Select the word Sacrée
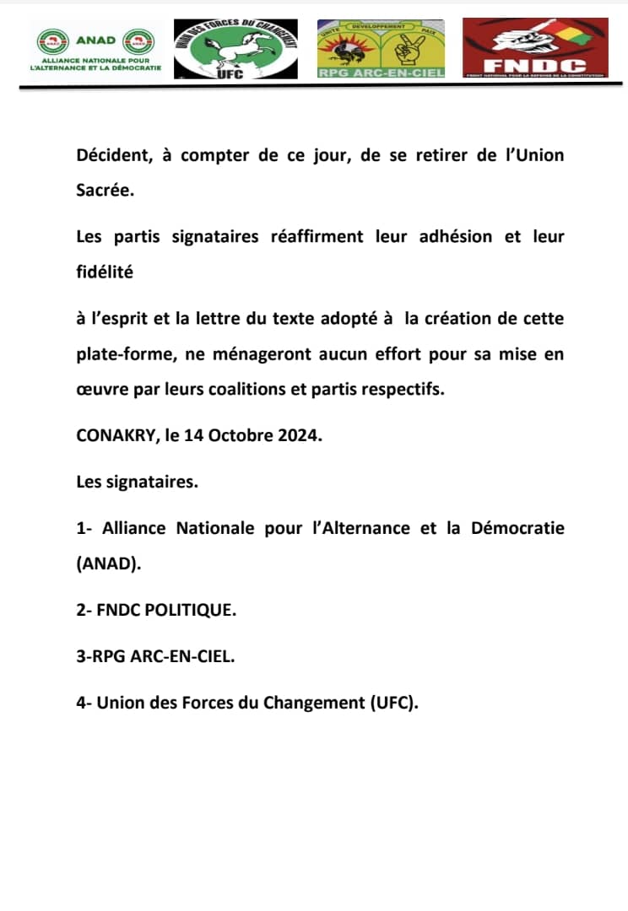pyautogui.click(x=105, y=191)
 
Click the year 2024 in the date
pyautogui.click(x=300, y=437)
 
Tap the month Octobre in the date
pyautogui.click(x=239, y=437)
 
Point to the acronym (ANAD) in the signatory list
pyautogui.click(x=108, y=564)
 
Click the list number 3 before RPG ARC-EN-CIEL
pyautogui.click(x=80, y=656)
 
